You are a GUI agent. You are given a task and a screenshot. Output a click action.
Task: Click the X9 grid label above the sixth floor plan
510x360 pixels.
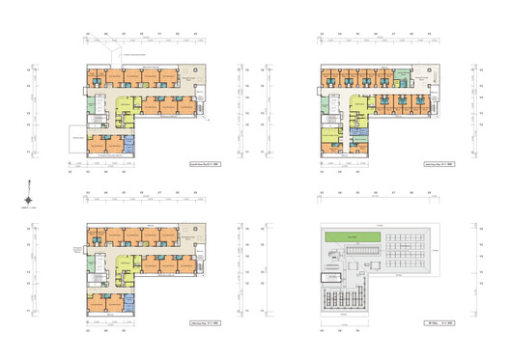[x=431, y=34]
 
